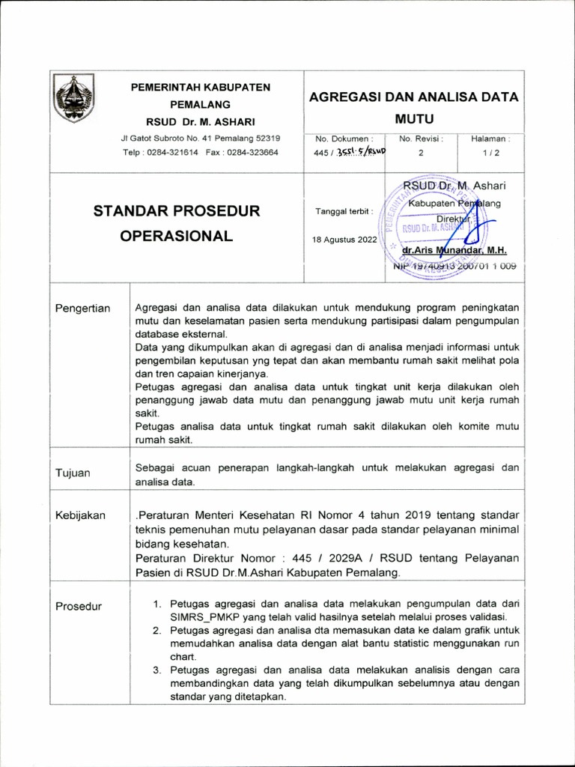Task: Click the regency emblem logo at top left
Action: pyautogui.click(x=75, y=98)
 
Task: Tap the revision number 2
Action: pyautogui.click(x=421, y=153)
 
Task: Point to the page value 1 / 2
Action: pyautogui.click(x=491, y=153)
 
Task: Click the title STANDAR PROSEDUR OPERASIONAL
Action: pyautogui.click(x=177, y=223)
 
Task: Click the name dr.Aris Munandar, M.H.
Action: pyautogui.click(x=454, y=252)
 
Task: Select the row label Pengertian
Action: pyautogui.click(x=83, y=309)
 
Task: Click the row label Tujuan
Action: pyautogui.click(x=73, y=473)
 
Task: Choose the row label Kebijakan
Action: pyautogui.click(x=81, y=515)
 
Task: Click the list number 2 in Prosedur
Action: pyautogui.click(x=157, y=631)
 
